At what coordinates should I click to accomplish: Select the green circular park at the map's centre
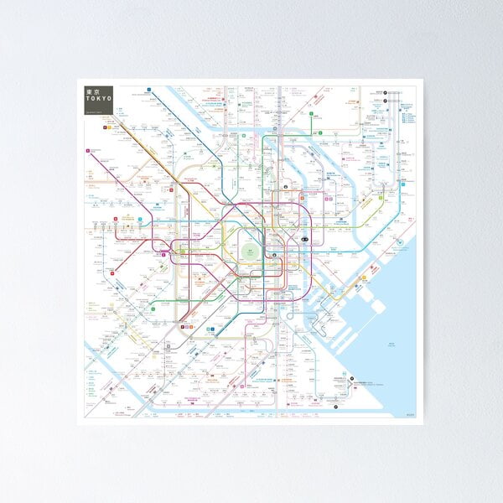pyautogui.click(x=251, y=252)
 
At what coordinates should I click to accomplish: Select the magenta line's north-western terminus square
pyautogui.click(x=87, y=151)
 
